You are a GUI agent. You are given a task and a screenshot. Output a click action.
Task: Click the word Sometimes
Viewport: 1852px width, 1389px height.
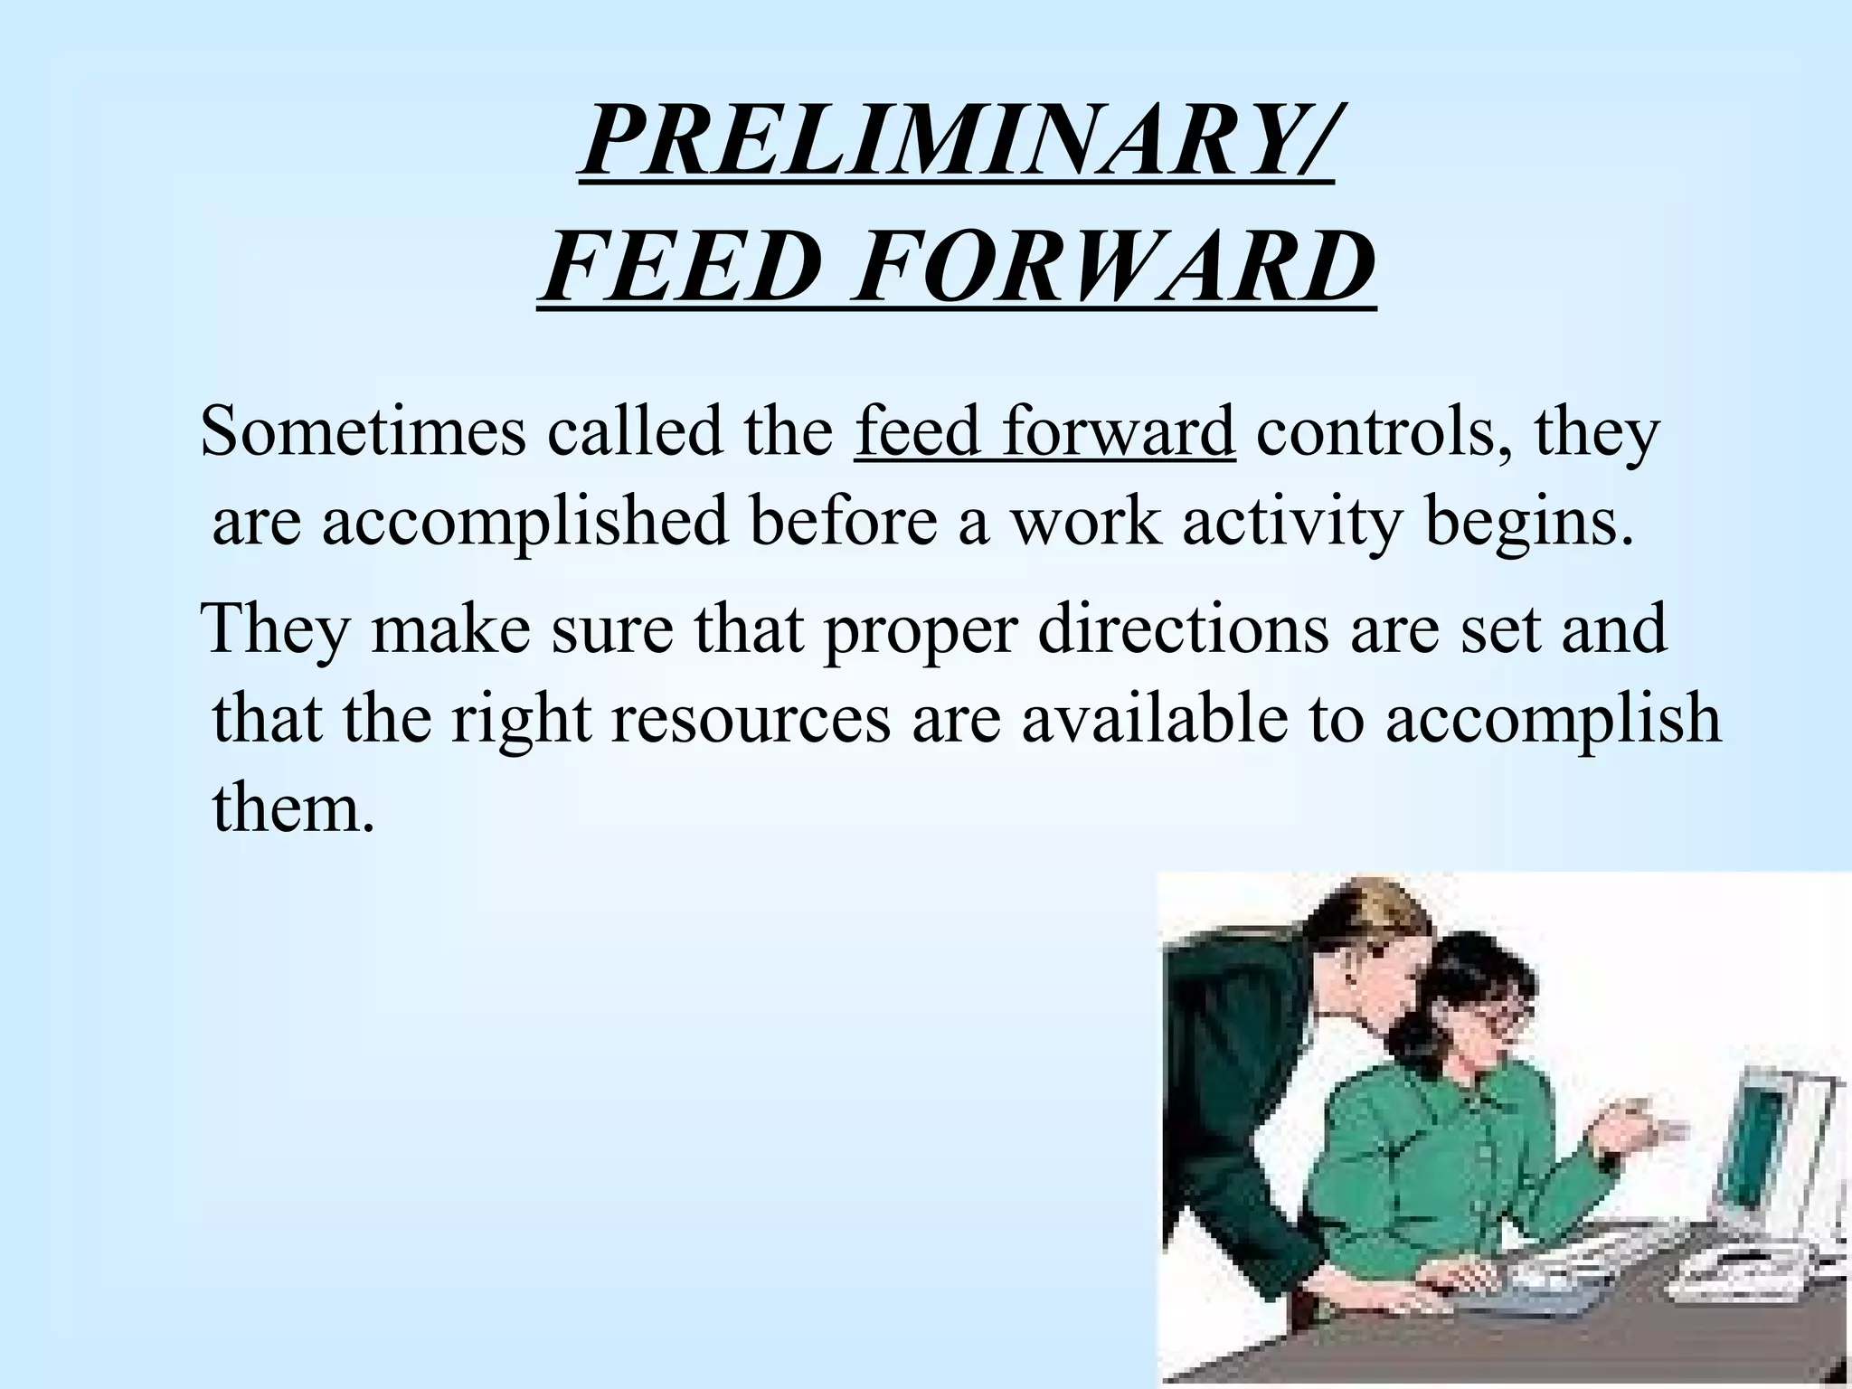point(363,431)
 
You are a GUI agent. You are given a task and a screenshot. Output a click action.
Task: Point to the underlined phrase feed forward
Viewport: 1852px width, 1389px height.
point(1044,431)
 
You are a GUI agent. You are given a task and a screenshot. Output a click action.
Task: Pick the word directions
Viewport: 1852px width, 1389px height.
point(1184,628)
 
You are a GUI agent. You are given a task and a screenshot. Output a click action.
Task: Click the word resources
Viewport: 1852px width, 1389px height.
point(751,718)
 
